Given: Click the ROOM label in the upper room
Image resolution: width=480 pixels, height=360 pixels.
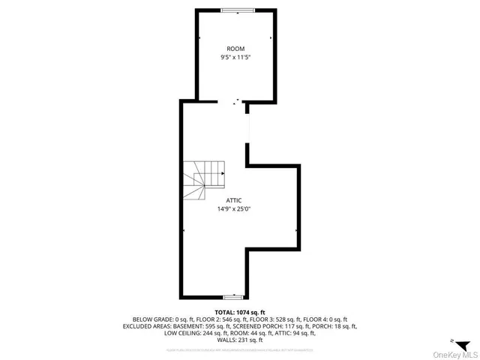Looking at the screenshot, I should click(x=235, y=48).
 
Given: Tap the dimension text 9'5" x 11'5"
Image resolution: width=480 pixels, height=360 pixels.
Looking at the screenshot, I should click(x=235, y=57).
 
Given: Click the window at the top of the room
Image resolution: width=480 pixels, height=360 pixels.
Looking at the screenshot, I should click(x=236, y=10).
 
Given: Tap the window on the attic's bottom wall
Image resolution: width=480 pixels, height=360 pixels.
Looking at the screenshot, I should click(x=233, y=297).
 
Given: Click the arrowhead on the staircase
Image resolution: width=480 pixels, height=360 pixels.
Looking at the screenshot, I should click(x=223, y=173).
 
